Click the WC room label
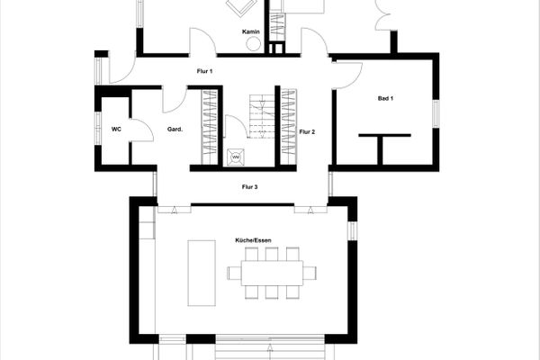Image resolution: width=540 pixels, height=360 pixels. point(116,130)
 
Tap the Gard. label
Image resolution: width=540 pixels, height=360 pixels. point(175,130)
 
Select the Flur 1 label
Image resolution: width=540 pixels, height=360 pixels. point(204,71)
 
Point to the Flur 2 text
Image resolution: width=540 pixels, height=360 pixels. point(308,131)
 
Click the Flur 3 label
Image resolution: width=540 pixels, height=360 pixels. point(249,187)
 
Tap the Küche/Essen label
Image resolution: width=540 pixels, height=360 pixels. point(254,240)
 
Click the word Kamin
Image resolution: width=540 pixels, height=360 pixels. point(251,32)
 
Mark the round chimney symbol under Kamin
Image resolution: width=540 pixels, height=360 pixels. point(254,44)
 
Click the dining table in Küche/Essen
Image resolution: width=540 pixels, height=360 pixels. point(271,272)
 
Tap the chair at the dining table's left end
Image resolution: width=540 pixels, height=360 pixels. point(234,272)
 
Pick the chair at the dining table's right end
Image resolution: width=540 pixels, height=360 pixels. point(309,272)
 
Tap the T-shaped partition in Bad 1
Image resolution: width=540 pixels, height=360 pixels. point(382,144)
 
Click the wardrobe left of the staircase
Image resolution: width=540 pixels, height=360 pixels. point(211,126)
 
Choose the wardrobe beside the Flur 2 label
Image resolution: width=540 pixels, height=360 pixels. point(288,126)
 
